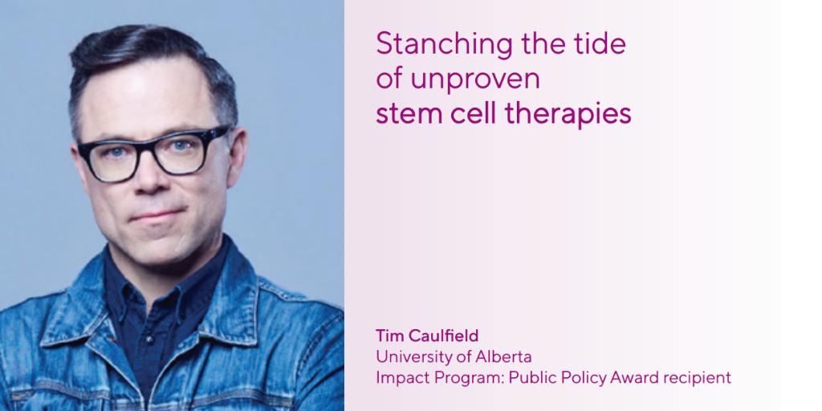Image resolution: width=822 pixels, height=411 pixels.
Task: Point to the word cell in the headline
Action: (470, 114)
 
